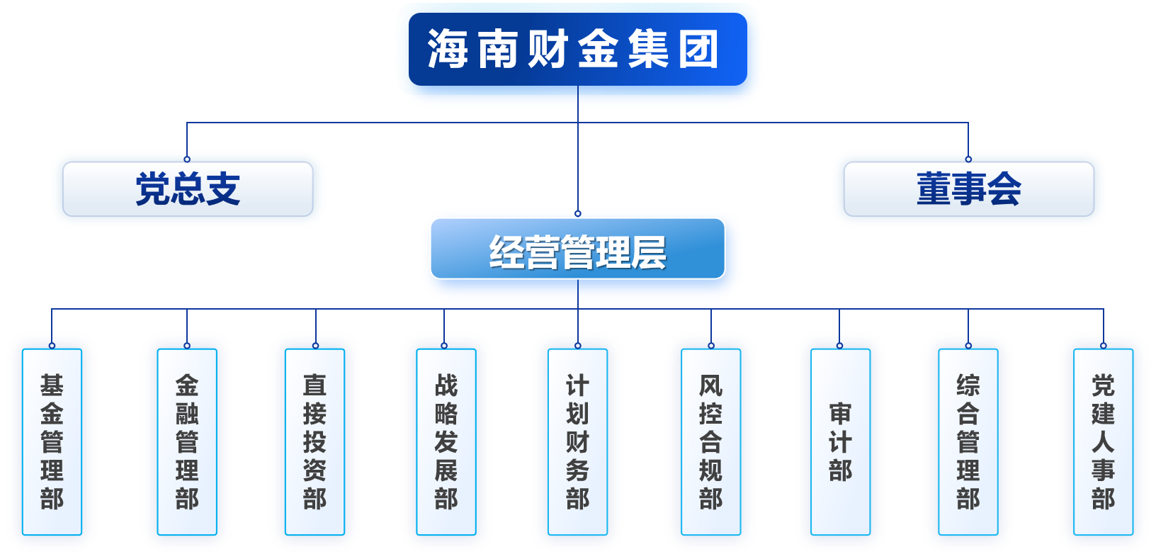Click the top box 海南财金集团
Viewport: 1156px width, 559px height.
577,50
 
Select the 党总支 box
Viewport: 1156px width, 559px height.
188,189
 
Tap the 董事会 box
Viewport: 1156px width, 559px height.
968,189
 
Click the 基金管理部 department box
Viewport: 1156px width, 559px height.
52,441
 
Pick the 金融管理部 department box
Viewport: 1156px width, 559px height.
187,441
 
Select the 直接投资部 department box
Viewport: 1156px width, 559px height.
315,441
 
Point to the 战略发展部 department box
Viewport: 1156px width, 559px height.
446,441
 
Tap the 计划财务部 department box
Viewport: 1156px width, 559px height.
577,441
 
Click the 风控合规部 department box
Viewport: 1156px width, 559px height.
710,441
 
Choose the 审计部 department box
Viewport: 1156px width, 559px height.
840,441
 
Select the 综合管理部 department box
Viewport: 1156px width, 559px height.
968,441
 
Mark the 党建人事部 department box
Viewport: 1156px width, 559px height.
1103,441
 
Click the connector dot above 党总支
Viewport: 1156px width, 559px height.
187,159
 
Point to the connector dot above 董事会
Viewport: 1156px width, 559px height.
968,159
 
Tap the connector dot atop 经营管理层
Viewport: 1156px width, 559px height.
578,213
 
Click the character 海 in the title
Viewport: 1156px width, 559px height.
448,50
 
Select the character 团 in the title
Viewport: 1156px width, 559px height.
699,50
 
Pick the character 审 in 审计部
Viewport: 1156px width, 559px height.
840,414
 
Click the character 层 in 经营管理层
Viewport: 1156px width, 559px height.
649,252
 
